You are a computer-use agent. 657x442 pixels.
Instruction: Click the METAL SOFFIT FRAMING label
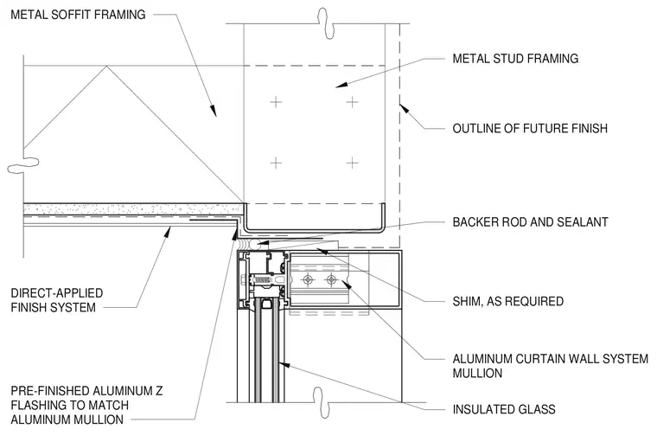coord(78,15)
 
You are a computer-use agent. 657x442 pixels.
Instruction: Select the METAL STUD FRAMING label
coord(515,58)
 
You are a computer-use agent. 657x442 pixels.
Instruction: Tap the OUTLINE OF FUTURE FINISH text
coord(530,128)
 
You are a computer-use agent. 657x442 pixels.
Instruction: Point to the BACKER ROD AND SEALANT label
coord(531,222)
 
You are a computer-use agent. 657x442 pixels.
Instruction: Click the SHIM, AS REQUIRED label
coord(507,301)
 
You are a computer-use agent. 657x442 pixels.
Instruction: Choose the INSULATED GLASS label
coord(504,409)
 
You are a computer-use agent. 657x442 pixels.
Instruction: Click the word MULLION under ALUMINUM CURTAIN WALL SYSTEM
coord(477,373)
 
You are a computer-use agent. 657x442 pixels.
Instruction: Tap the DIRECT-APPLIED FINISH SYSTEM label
coord(56,300)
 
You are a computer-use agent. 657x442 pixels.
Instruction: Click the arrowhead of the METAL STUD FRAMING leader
coord(341,85)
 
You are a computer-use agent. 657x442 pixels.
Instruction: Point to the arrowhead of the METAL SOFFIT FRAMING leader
coord(214,111)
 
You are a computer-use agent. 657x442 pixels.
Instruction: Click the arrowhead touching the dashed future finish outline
coord(404,109)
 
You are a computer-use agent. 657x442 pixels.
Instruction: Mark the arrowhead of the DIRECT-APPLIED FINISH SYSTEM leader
coord(168,232)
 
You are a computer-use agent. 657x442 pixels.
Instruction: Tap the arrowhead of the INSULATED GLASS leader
coord(284,364)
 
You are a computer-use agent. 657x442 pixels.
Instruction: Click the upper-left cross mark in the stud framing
coord(276,102)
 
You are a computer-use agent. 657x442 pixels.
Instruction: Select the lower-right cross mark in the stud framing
coord(353,163)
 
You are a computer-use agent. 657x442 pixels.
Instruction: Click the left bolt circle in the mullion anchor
coord(308,279)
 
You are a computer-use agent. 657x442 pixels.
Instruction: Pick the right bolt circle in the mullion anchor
coord(331,279)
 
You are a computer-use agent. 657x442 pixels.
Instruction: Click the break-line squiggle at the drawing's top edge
coord(327,23)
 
